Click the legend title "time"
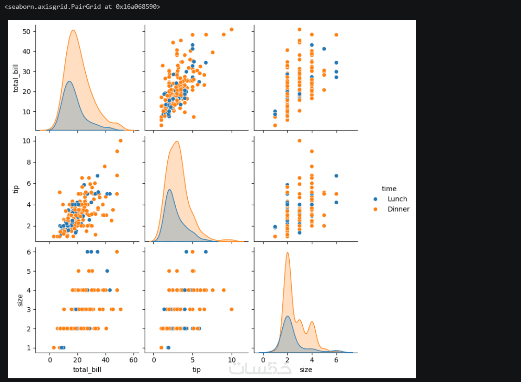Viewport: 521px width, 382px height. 389,188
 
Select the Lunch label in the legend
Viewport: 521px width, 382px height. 397,199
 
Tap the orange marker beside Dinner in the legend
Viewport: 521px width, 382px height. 375,209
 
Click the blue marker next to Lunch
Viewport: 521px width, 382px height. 375,199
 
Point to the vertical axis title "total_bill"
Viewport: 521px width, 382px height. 17,78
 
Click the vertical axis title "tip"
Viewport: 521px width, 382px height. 17,188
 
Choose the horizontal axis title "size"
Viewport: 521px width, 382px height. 306,369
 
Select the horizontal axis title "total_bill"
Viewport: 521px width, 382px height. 87,369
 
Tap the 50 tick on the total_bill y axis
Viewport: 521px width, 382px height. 27,31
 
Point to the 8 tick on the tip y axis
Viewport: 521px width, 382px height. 29,162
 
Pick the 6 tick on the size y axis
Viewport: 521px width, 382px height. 29,252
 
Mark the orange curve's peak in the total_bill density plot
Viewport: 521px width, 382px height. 73,30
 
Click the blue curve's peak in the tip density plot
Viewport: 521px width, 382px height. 169,189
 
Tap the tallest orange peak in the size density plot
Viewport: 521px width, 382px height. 287,253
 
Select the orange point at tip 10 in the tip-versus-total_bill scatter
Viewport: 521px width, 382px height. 121,141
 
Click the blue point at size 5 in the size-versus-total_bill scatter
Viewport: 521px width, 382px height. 107,271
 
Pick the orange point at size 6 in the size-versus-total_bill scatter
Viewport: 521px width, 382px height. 117,252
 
